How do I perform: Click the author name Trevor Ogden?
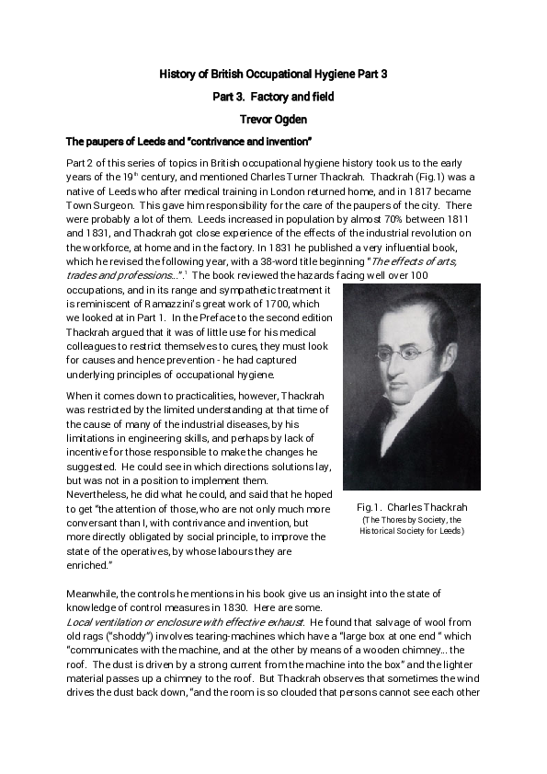click(x=273, y=119)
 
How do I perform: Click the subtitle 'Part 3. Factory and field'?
click(x=273, y=96)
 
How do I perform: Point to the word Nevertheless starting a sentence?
click(x=98, y=494)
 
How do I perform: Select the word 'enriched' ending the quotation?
click(x=88, y=565)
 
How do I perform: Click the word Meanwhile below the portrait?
click(x=97, y=594)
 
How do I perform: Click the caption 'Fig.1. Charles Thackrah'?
click(x=411, y=507)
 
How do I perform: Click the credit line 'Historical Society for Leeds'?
click(x=411, y=531)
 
